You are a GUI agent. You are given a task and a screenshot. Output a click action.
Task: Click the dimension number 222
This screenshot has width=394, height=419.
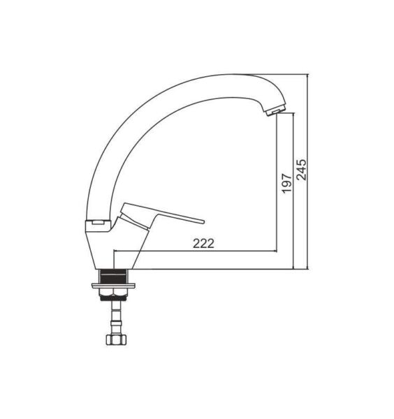(203, 244)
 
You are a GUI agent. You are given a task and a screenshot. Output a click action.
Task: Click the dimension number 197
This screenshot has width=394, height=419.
(287, 183)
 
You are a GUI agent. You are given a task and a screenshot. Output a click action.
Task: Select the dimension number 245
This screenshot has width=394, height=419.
(302, 170)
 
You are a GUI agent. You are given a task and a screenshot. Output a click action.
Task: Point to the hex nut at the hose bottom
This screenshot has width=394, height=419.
(116, 339)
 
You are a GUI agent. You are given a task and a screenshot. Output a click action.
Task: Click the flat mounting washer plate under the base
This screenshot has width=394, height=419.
(113, 286)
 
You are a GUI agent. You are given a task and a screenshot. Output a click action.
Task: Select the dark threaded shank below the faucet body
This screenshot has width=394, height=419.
(114, 277)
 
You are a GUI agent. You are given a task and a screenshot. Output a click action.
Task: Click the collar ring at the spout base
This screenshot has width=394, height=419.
(98, 226)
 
